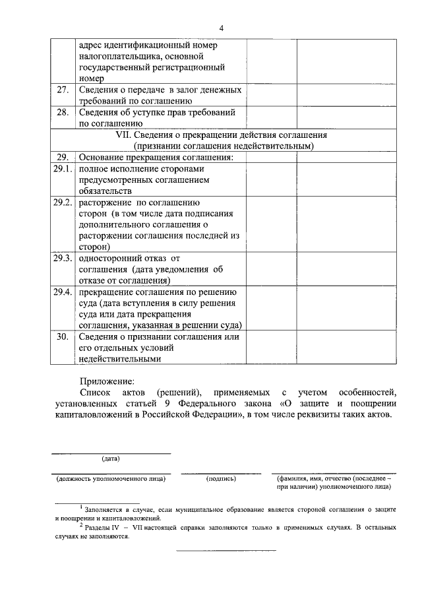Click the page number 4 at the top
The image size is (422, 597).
(222, 28)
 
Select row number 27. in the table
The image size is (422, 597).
(63, 90)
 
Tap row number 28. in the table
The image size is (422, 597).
(63, 112)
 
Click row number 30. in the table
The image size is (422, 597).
(63, 336)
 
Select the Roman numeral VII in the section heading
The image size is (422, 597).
(124, 135)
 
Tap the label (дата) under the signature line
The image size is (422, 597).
(110, 458)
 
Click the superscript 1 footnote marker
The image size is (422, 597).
(80, 507)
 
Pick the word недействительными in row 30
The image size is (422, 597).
(119, 360)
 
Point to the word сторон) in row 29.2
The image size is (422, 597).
(94, 247)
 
